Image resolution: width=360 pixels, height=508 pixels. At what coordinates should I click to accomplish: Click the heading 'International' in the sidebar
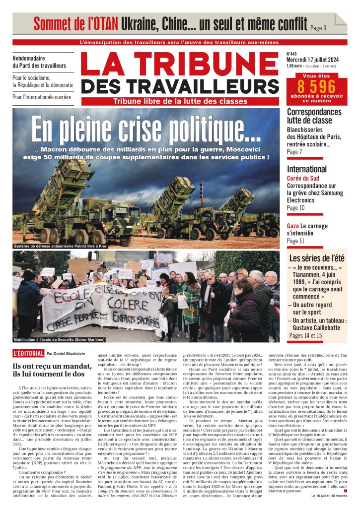[306, 169]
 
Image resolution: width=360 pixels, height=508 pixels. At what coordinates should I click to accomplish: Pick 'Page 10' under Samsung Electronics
[295, 208]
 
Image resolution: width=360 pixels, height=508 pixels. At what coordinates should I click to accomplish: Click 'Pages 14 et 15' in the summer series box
[305, 335]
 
